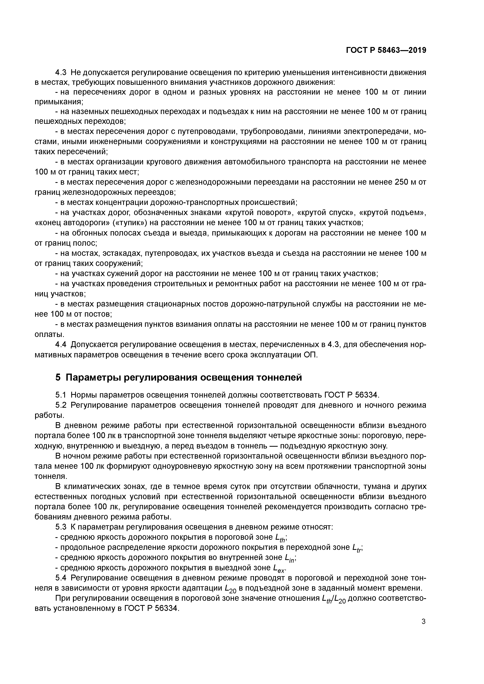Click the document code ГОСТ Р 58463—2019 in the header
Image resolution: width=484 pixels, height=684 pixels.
386,50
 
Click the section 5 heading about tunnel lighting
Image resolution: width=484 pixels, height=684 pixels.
178,377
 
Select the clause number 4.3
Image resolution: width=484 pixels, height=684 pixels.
62,72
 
